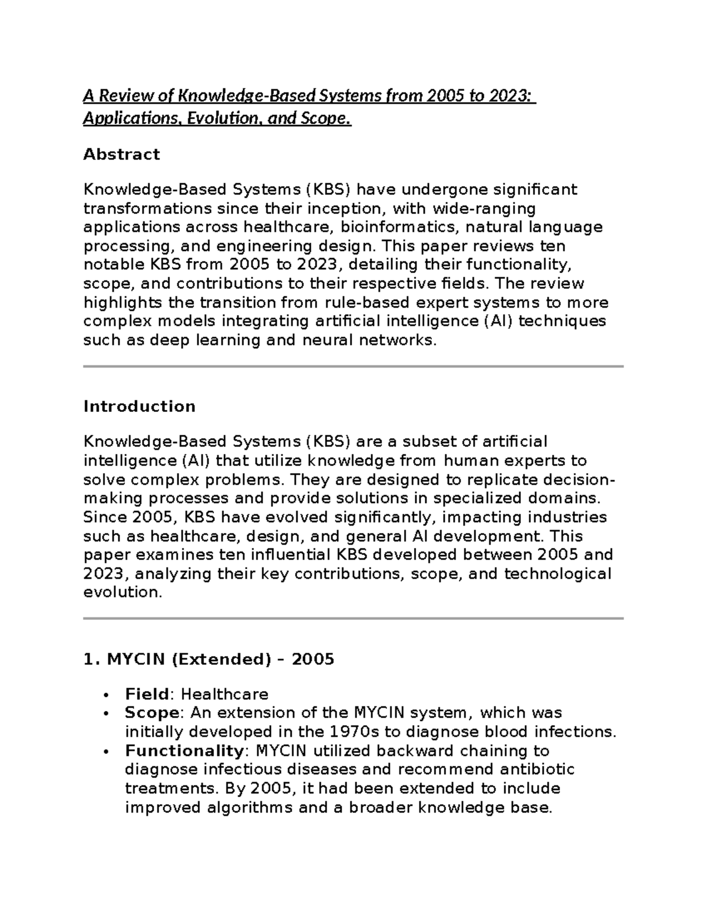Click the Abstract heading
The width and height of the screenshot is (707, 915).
[121, 154]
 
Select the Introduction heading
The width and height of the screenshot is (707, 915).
[139, 407]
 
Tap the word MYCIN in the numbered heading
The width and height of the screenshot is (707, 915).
[136, 659]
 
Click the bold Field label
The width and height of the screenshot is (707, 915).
[147, 694]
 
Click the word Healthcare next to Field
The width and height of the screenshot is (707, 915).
[224, 694]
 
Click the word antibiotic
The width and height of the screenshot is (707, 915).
[537, 769]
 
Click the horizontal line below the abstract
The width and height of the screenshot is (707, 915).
[353, 366]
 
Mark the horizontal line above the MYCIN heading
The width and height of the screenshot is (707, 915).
[353, 619]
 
